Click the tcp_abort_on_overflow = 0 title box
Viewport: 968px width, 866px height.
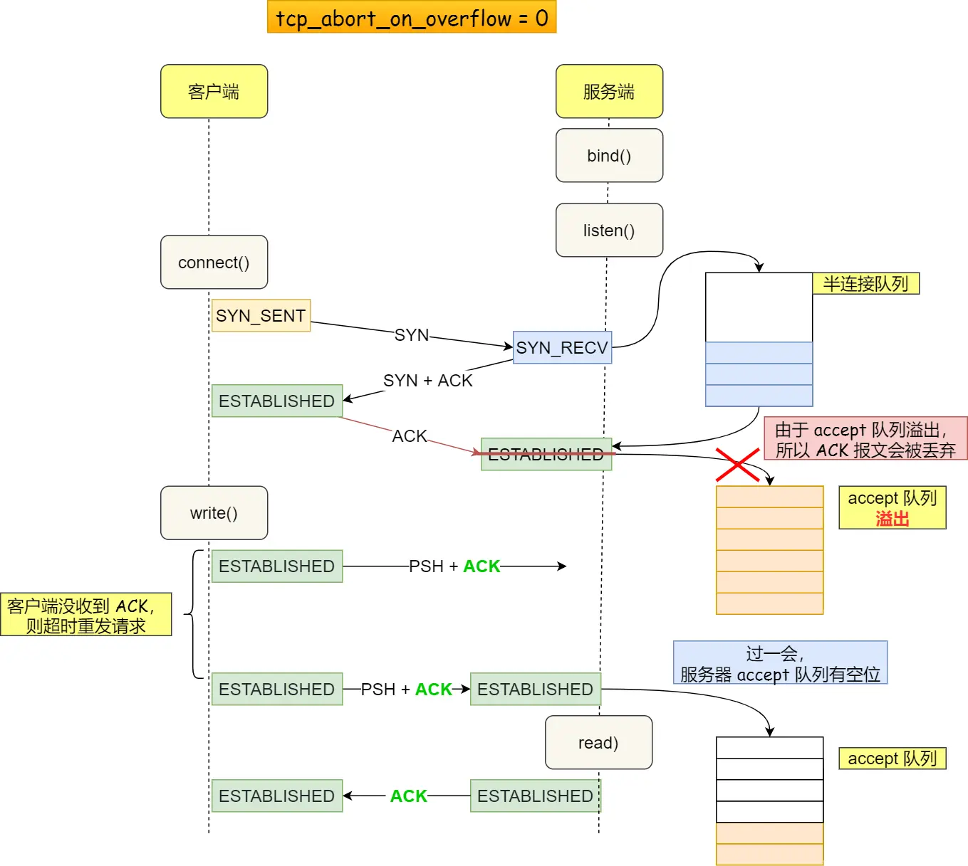412,18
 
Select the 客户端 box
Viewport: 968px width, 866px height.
214,91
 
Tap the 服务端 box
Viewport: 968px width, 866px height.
609,91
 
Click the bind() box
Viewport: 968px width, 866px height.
609,155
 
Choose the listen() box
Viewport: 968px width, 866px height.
609,230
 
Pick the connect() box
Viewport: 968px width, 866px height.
214,262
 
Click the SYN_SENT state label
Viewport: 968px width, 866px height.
261,315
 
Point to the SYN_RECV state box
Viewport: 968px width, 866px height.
562,347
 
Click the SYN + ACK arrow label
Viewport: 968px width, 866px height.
427,381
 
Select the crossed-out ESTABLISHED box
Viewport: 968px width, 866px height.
546,454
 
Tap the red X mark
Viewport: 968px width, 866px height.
737,465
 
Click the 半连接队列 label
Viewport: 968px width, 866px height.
865,283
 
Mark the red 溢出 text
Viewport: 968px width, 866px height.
892,519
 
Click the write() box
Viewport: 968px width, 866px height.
214,512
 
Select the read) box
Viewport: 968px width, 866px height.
598,742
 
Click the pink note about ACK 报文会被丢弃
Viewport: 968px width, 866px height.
865,439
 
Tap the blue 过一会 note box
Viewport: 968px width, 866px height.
780,662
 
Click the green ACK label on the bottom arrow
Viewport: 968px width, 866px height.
408,796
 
